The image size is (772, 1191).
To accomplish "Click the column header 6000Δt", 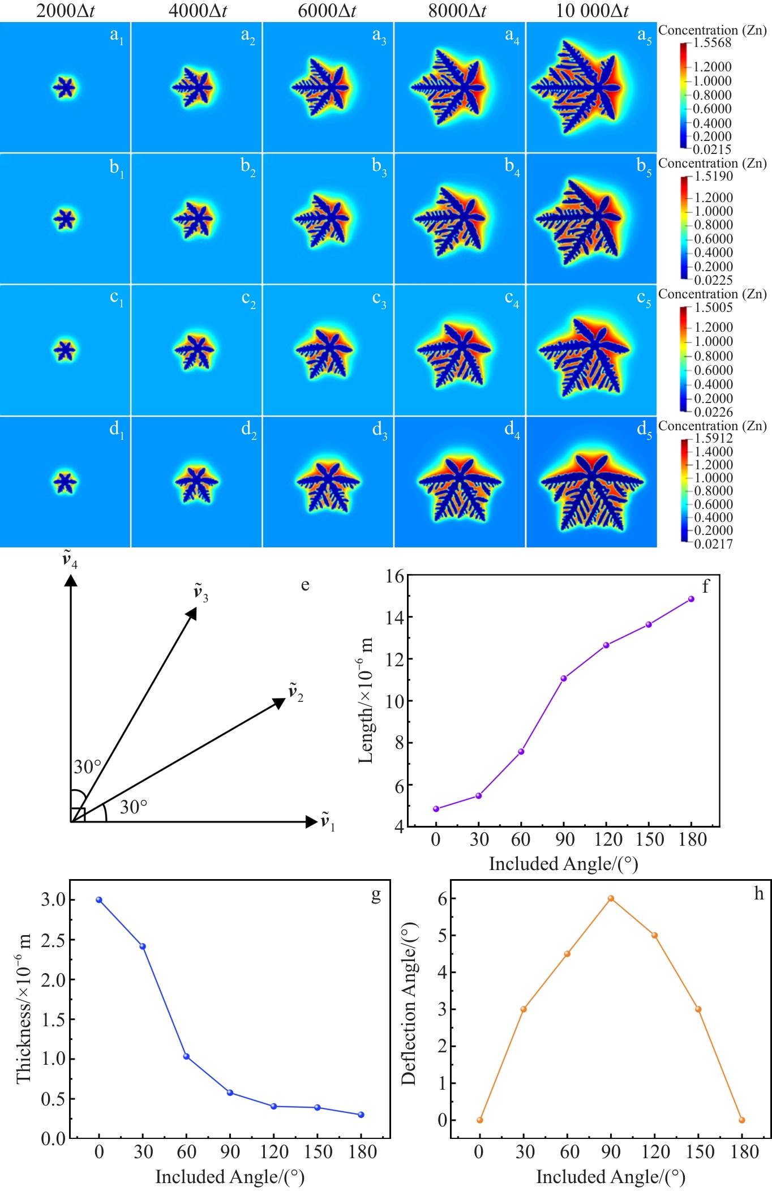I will pos(327,11).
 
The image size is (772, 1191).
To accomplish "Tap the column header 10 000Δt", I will pos(592,11).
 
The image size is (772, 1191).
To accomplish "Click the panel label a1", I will pos(117,36).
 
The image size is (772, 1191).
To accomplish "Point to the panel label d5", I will pos(644,430).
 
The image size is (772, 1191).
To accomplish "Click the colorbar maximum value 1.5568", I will pos(713,43).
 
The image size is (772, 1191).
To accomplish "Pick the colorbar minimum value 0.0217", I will pos(714,544).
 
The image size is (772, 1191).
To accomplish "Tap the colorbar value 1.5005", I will pos(714,307).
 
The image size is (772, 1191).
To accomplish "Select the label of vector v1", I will pos(328,821).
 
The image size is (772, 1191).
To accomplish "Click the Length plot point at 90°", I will pos(564,678).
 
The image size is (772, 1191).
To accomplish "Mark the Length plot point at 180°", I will pos(691,599).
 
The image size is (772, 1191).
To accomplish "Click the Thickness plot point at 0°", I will pos(99,899).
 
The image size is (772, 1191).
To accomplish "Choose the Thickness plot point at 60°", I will pos(186,1056).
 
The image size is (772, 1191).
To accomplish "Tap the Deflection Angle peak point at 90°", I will pos(611,898).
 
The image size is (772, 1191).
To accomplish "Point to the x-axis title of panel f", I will pos(563,864).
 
